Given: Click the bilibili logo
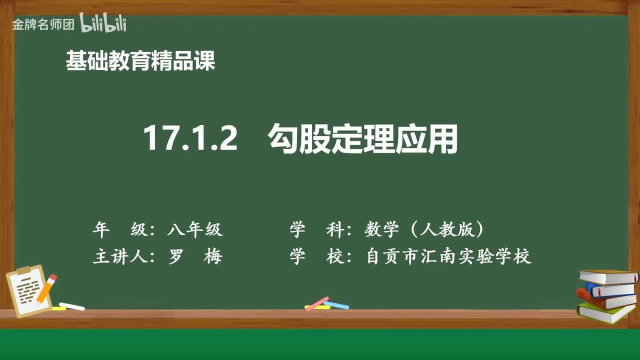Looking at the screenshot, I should [x=103, y=23].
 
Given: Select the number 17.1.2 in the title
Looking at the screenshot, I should [x=190, y=138].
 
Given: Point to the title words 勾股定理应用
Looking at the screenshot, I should [x=363, y=138].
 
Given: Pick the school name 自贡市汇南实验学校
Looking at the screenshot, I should [x=448, y=256].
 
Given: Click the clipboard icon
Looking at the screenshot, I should [x=29, y=292].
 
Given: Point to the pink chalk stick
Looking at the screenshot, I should [x=316, y=303].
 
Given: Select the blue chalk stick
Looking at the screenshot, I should [x=336, y=304].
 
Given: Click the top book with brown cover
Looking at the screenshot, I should [x=608, y=276].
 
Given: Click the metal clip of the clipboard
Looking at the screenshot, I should [x=24, y=270].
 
